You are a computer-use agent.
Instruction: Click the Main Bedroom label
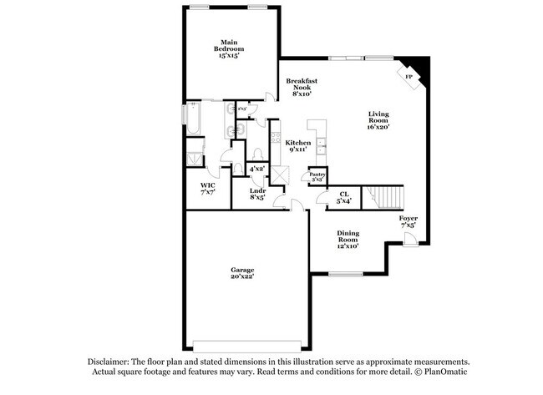230,48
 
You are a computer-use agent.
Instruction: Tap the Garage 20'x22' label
242,273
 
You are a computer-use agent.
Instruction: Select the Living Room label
378,120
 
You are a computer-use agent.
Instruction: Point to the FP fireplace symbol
409,77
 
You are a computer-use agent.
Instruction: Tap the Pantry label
317,177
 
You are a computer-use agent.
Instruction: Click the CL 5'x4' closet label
343,198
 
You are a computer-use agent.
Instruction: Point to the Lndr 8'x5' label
257,195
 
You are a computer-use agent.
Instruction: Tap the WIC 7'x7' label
207,189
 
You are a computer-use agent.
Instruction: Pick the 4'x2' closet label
256,169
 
